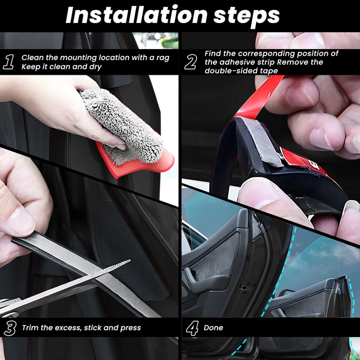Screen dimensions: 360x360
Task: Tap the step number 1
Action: pos(9,62)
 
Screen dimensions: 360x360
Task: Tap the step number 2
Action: pos(190,62)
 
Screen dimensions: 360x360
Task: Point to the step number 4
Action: pos(192,328)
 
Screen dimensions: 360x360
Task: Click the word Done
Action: pos(213,328)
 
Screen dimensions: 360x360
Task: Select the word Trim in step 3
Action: pos(30,328)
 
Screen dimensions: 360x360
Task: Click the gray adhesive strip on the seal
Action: pos(266,144)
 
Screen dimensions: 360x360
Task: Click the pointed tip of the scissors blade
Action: pos(129,261)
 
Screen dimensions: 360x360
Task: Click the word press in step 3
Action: pos(131,328)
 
